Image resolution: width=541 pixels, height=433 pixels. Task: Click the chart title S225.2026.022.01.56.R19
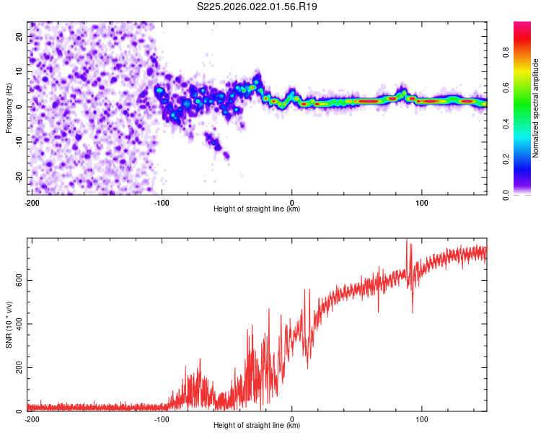click(258, 6)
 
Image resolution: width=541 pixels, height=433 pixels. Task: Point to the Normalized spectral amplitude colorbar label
click(536, 108)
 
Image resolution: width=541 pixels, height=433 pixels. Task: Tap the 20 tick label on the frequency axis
click(20, 36)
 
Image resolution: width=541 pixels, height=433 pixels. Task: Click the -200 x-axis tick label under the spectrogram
click(31, 201)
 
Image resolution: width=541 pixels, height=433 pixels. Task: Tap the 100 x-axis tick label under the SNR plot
click(422, 419)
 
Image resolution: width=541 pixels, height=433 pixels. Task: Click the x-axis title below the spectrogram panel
click(257, 209)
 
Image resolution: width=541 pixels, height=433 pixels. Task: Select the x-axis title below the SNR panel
click(257, 427)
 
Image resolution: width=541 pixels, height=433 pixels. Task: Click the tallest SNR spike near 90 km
click(407, 241)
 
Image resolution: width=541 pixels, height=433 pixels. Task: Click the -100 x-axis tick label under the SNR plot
click(161, 419)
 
